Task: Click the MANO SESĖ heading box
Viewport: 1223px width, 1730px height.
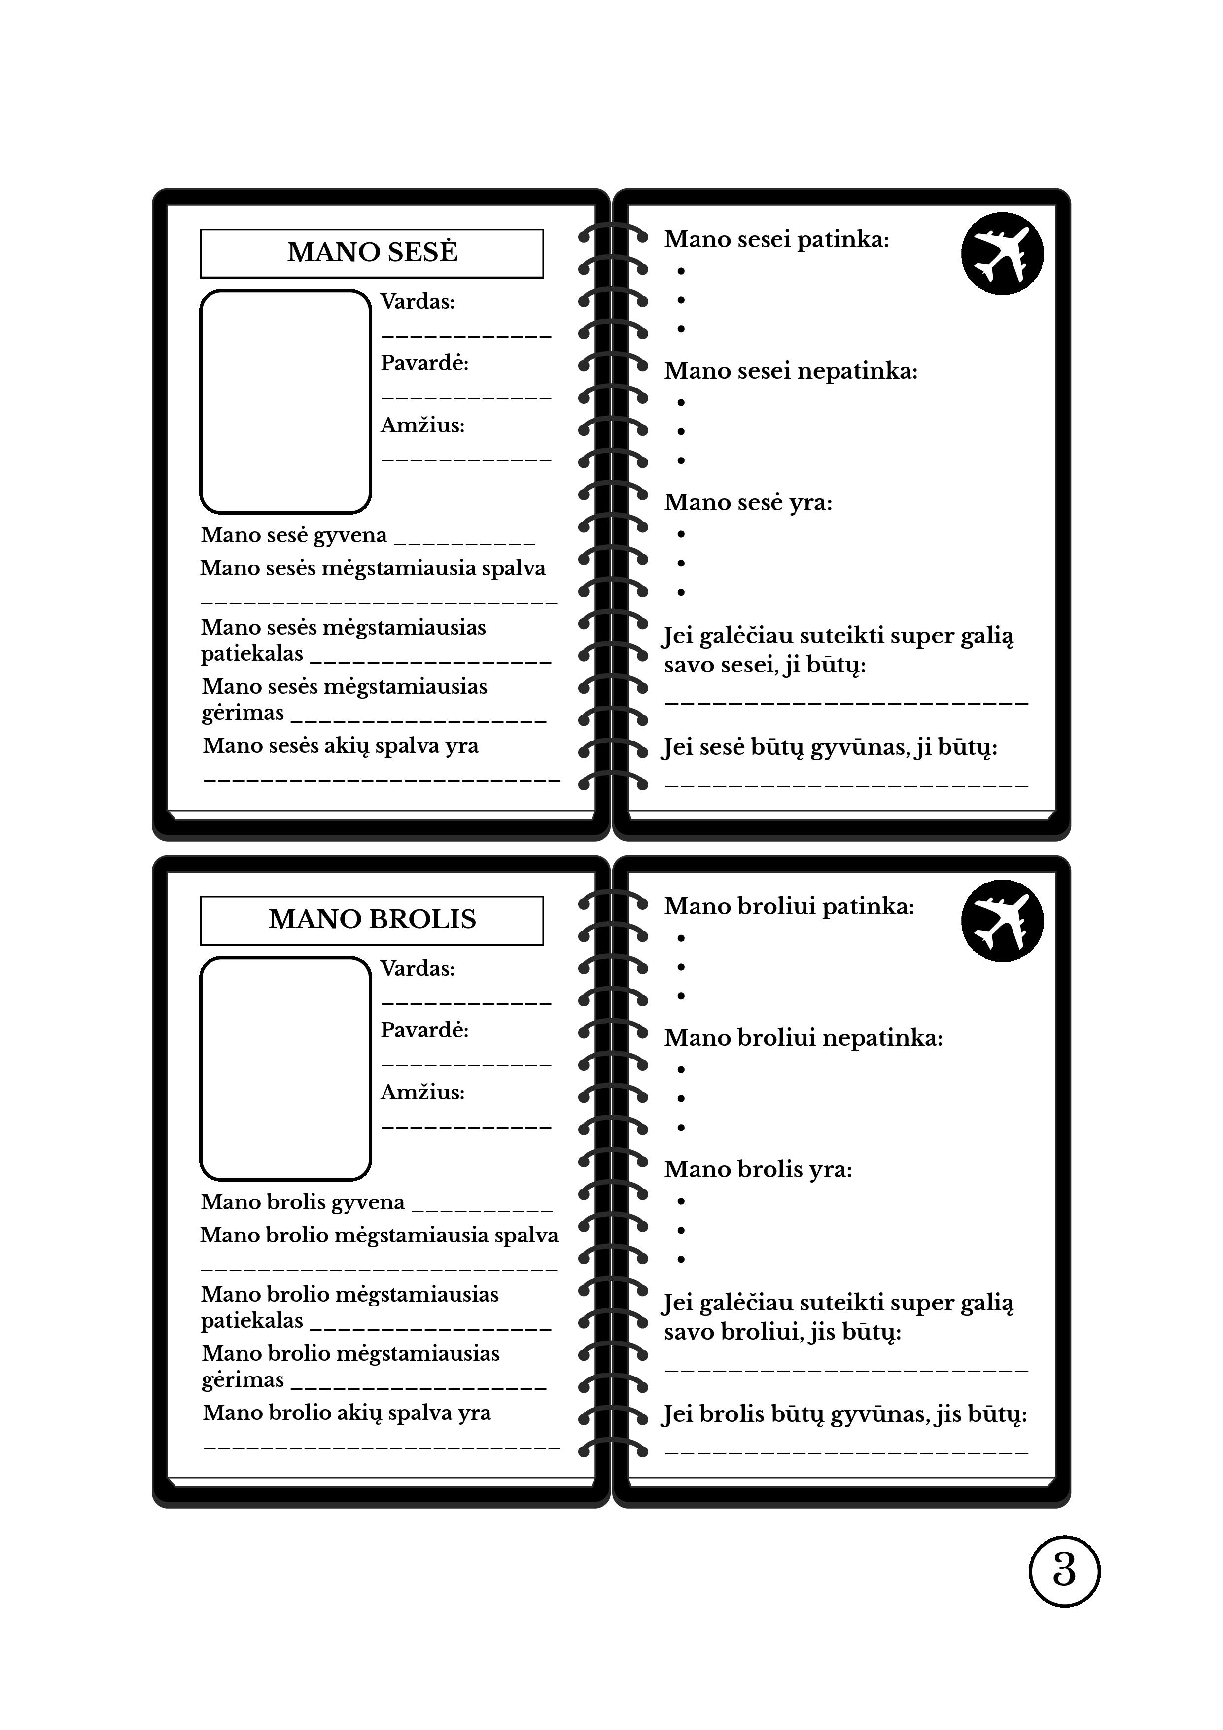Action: pos(372,253)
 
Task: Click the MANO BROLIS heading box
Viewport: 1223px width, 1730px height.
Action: pos(372,920)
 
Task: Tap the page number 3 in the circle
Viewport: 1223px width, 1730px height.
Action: pos(1063,1571)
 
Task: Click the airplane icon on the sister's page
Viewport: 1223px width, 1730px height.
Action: pos(1002,253)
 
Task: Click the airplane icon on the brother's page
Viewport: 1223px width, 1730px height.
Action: pos(1002,920)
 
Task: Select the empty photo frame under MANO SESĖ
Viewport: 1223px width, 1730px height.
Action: pos(285,402)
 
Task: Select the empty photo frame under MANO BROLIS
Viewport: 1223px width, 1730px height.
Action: pos(285,1068)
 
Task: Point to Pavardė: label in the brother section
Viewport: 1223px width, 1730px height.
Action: pos(424,1030)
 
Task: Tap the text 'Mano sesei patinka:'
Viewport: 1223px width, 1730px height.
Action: pos(776,240)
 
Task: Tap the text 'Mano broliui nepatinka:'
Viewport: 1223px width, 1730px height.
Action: pos(804,1038)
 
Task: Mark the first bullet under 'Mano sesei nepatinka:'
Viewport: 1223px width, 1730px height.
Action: pos(681,402)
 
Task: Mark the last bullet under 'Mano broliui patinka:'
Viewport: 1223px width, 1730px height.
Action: pos(681,996)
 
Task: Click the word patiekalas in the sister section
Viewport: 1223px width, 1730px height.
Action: pos(252,654)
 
